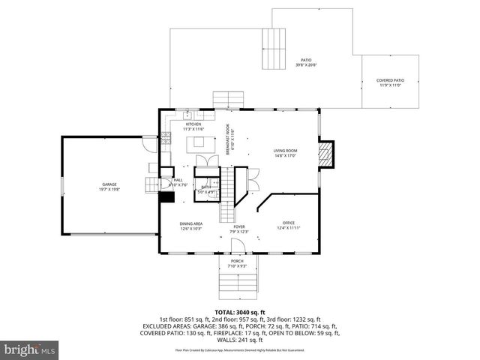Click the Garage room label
[x=109, y=184]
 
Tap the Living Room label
[x=285, y=151]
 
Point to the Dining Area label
[x=190, y=223]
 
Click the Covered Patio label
[x=391, y=80]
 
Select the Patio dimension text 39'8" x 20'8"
[x=306, y=65]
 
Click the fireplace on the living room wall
[x=325, y=154]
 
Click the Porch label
[x=237, y=261]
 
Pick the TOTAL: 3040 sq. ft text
[x=239, y=311]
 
